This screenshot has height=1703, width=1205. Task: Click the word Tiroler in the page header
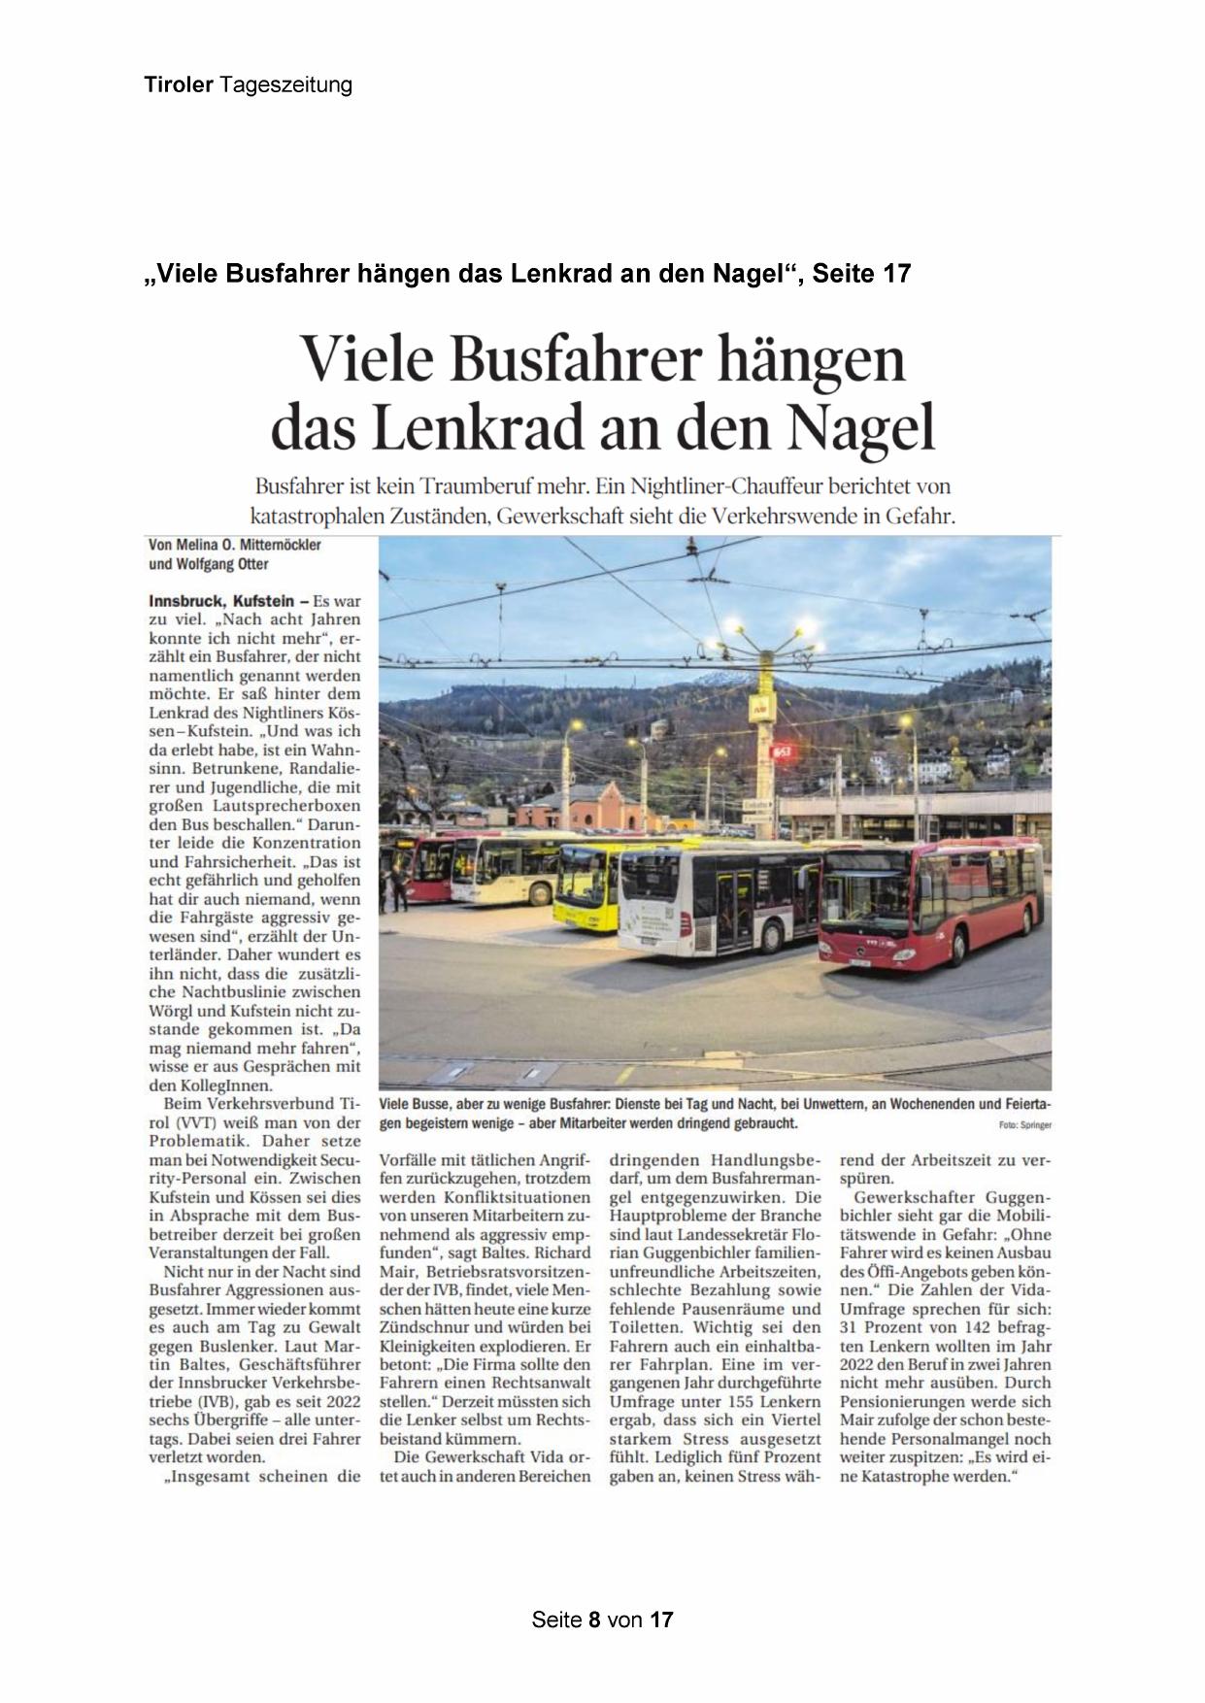[179, 85]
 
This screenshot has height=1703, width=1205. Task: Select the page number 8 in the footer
[593, 1620]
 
